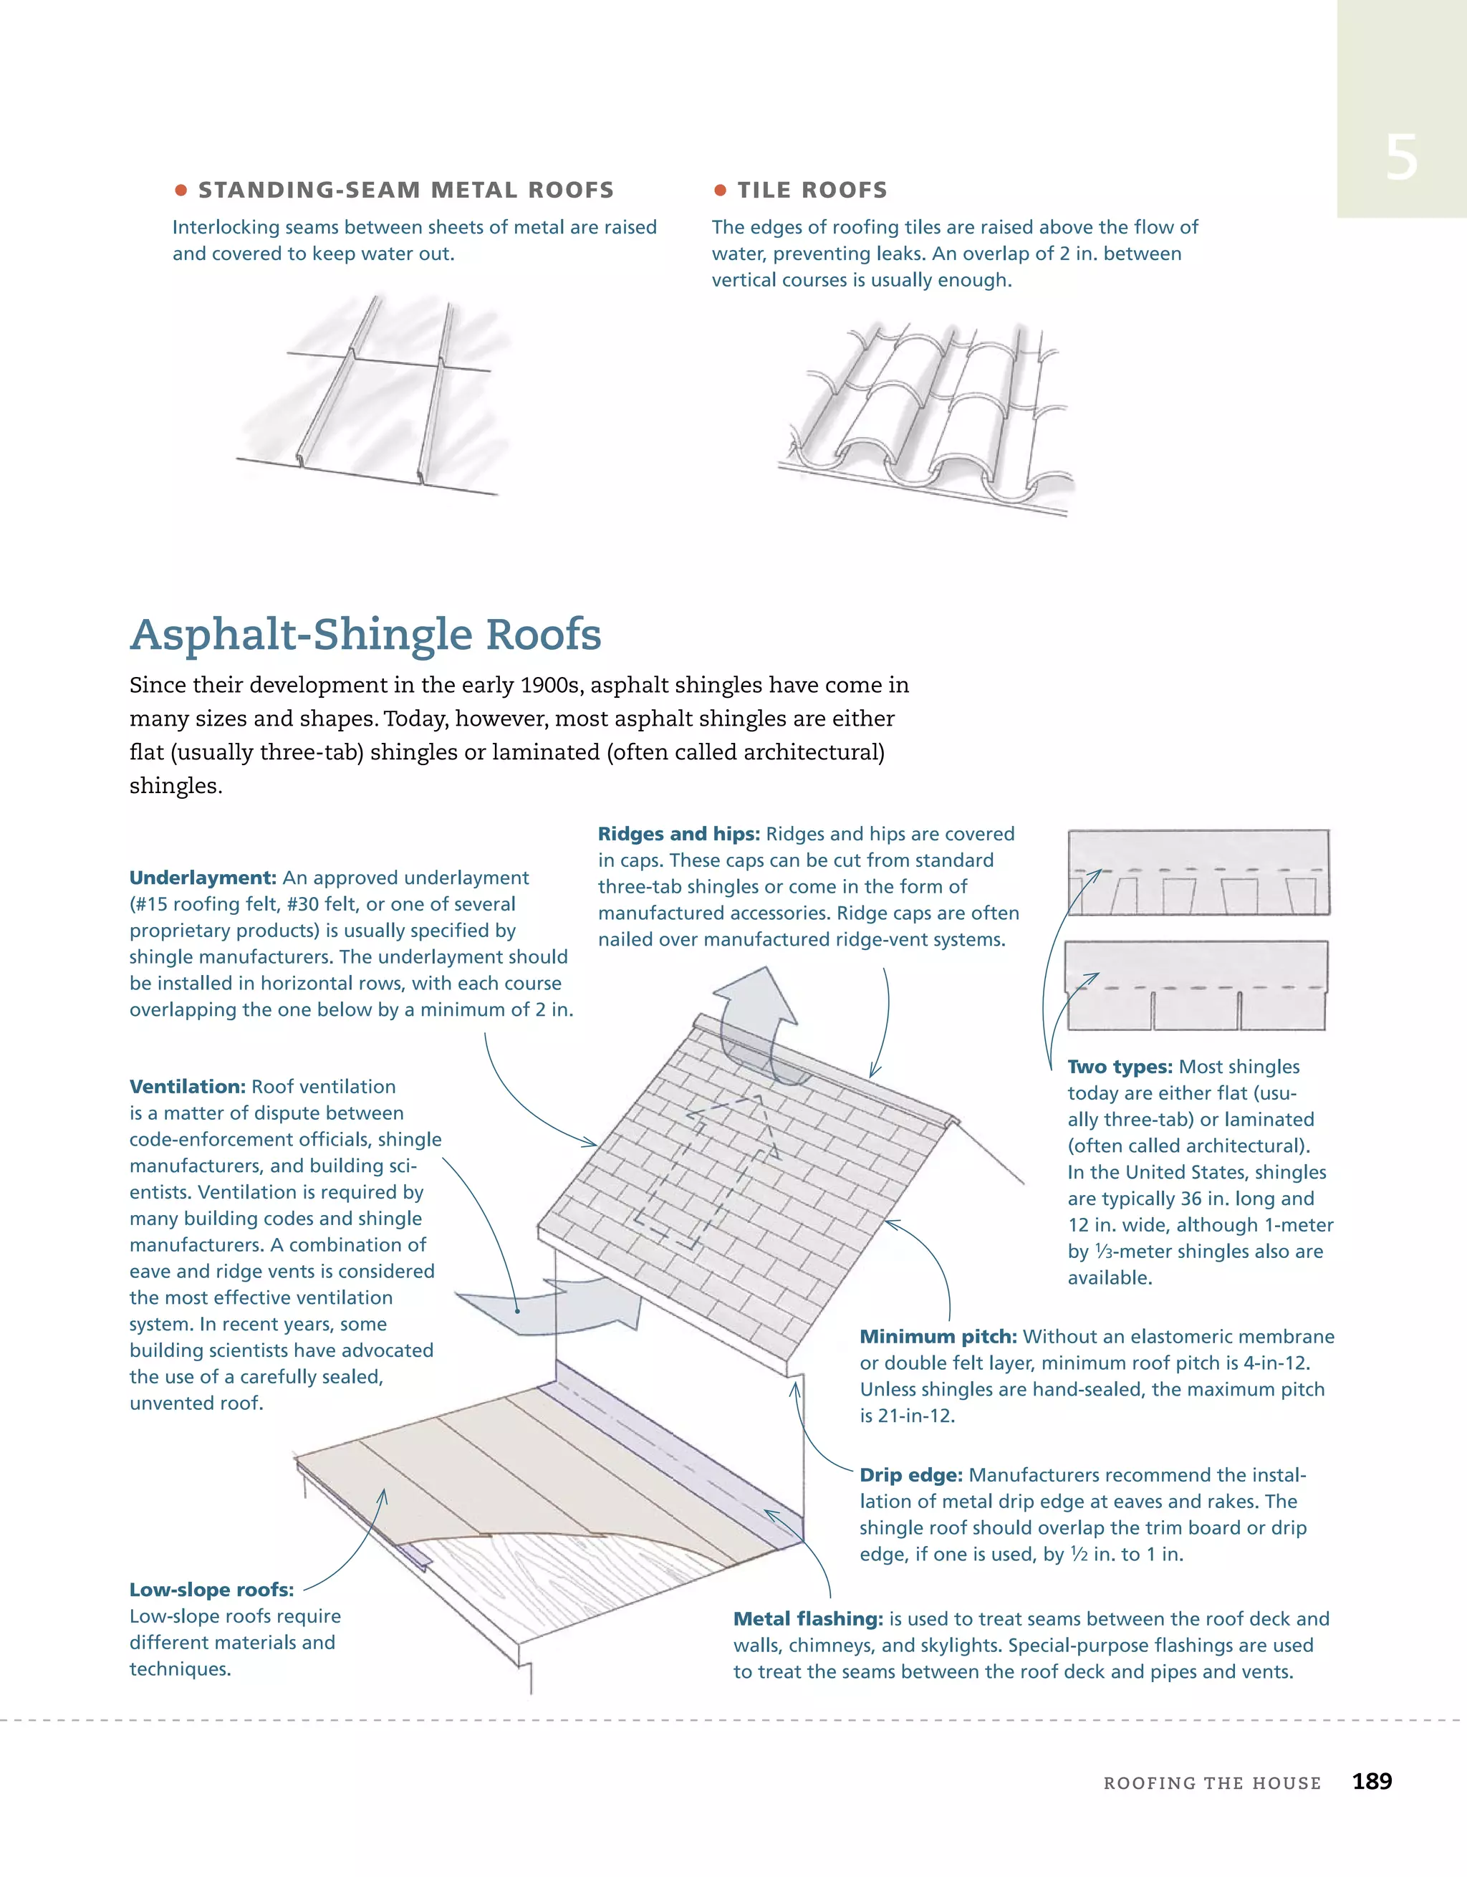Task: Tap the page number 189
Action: tap(1372, 1781)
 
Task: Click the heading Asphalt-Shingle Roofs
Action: tap(365, 635)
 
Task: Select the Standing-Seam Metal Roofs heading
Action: tap(405, 190)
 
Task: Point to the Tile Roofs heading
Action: tap(812, 190)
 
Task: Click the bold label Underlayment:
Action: tap(203, 878)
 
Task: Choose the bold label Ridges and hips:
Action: tap(679, 834)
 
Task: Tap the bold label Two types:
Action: tap(1120, 1067)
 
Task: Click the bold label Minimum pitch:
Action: tap(938, 1336)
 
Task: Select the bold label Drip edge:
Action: tap(911, 1475)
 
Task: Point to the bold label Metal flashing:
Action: tap(808, 1618)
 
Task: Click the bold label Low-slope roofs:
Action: tap(211, 1590)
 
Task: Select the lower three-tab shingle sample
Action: tap(1196, 986)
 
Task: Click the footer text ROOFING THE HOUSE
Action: tap(1212, 1783)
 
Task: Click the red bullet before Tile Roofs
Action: tap(720, 190)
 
